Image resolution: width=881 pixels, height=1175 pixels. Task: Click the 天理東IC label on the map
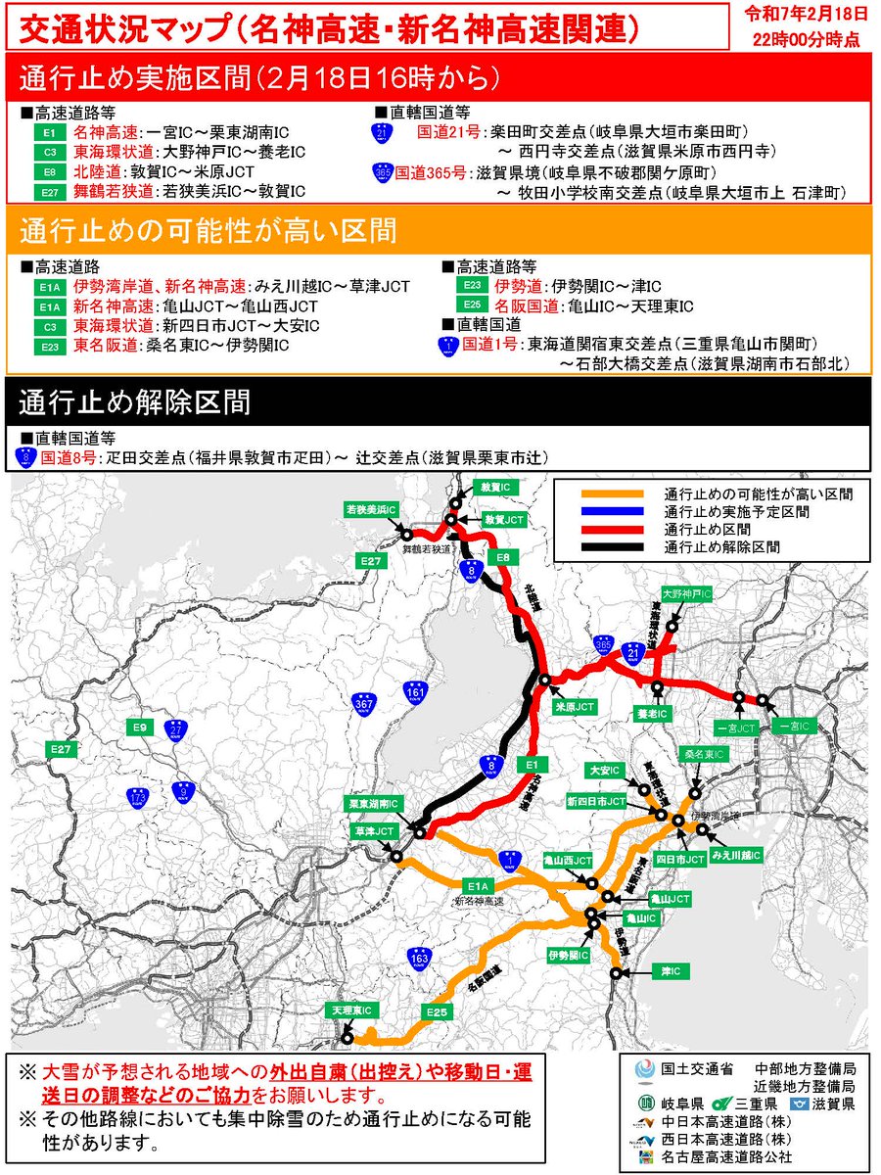click(x=349, y=1009)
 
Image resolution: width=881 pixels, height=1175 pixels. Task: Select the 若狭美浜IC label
click(x=371, y=510)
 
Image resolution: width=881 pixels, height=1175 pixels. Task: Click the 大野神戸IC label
click(x=686, y=594)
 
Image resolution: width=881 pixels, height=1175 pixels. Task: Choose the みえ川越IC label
click(x=736, y=855)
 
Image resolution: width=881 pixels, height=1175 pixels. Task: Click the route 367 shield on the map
click(x=365, y=703)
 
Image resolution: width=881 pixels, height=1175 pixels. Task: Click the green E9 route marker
click(x=141, y=728)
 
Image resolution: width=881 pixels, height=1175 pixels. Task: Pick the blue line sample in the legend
click(x=612, y=512)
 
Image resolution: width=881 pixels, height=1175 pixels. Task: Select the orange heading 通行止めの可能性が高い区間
click(x=209, y=232)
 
